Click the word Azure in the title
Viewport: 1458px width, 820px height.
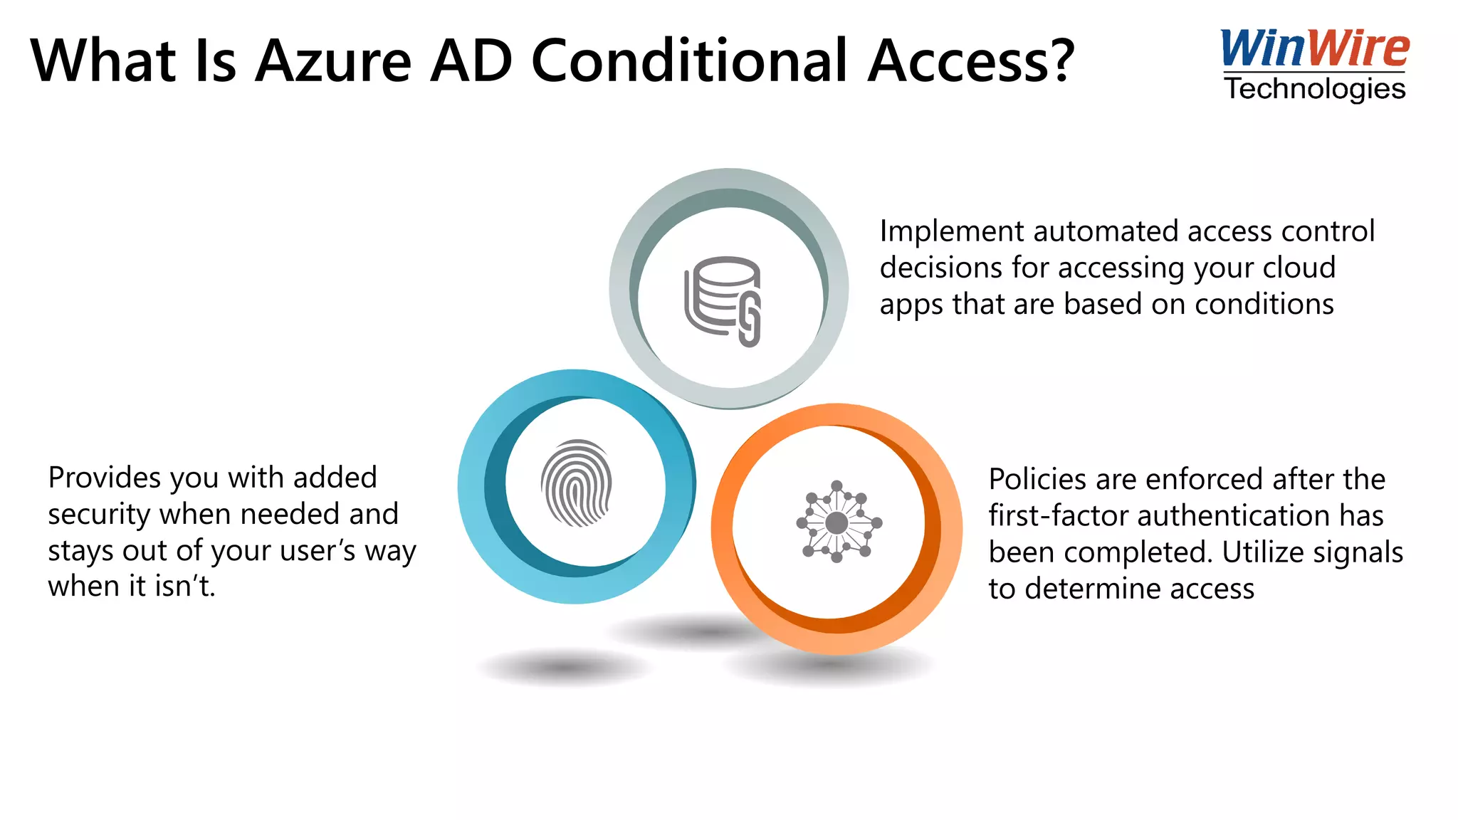click(333, 61)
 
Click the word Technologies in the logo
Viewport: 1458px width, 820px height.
click(1315, 89)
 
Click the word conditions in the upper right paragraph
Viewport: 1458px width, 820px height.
click(1264, 305)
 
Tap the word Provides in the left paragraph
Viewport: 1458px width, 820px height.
click(104, 478)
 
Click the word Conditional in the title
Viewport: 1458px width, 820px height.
click(690, 61)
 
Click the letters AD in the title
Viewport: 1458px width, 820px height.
click(471, 61)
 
